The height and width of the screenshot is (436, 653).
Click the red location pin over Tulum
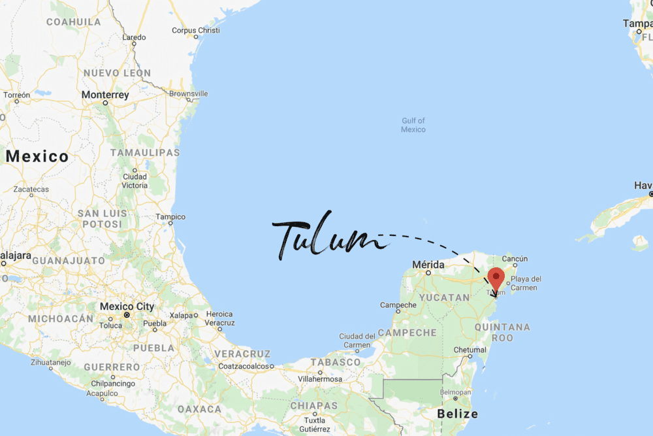[496, 278]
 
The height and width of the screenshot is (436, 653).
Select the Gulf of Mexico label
[413, 125]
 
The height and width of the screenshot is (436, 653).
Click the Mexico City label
[127, 307]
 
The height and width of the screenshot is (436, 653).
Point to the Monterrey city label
[105, 95]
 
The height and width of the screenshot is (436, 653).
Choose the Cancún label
[515, 259]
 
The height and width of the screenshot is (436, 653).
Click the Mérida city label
[428, 265]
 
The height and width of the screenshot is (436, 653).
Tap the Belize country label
[457, 414]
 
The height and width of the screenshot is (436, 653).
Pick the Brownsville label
[188, 94]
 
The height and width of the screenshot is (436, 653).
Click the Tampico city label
[170, 217]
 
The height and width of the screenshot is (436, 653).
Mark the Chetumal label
[470, 350]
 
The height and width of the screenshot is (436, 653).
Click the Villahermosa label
[320, 378]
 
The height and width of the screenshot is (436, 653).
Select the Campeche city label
[398, 305]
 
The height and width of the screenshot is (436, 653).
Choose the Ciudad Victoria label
[135, 181]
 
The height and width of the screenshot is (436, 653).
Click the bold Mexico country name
[37, 156]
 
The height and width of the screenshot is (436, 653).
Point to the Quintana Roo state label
[502, 332]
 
